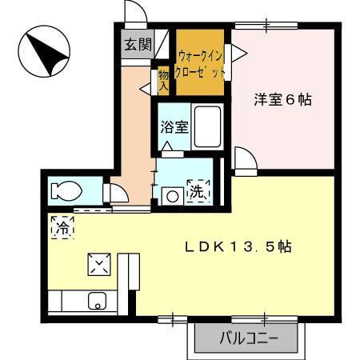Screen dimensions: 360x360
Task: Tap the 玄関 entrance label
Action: pyautogui.click(x=138, y=45)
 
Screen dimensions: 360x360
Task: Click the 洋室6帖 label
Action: pyautogui.click(x=282, y=101)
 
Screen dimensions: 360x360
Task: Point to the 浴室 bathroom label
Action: pyautogui.click(x=174, y=126)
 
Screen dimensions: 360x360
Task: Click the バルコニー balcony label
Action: pyautogui.click(x=250, y=338)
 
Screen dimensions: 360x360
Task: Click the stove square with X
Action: pyautogui.click(x=100, y=264)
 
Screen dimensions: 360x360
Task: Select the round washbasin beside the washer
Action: pyautogui.click(x=170, y=194)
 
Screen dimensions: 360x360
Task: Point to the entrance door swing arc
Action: pyautogui.click(x=136, y=14)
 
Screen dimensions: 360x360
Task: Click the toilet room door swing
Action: pyautogui.click(x=117, y=194)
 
